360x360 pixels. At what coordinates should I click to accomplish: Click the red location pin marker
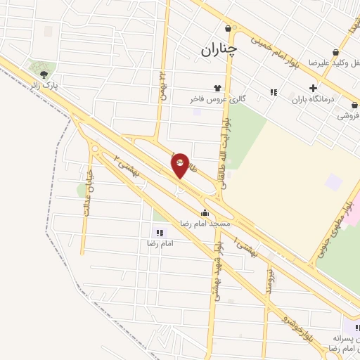[180, 165]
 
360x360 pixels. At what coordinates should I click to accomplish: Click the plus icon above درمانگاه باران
[313, 88]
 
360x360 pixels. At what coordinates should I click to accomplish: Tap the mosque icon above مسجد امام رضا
[205, 212]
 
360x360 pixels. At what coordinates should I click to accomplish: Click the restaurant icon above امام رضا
[160, 232]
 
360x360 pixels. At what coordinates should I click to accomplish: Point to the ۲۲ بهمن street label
[162, 86]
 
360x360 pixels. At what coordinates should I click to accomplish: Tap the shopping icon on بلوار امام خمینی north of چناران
[229, 28]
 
